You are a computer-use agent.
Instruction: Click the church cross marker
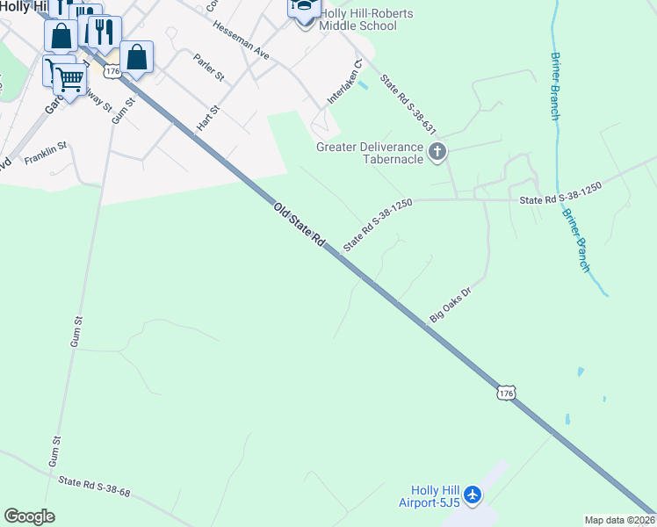[437, 154]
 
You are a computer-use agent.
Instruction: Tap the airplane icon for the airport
[473, 495]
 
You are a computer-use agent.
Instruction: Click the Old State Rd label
[300, 226]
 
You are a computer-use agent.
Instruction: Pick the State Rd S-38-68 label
[94, 487]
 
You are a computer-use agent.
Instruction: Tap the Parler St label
[206, 66]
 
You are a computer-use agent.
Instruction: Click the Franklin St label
[46, 153]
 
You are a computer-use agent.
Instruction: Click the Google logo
[29, 516]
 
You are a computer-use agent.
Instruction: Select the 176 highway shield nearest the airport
[505, 393]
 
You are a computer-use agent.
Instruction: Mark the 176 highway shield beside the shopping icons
[111, 69]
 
